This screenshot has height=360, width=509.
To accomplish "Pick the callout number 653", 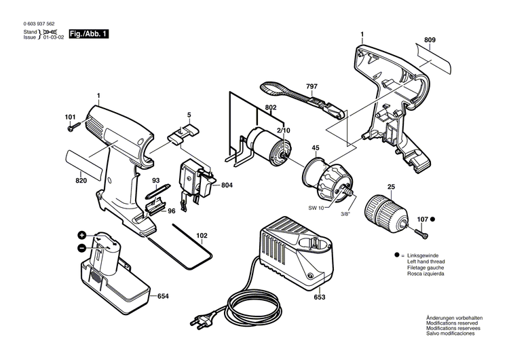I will click(x=319, y=298).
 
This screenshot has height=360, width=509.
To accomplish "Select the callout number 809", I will click(x=430, y=40).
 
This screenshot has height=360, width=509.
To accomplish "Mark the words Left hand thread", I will click(x=426, y=261).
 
